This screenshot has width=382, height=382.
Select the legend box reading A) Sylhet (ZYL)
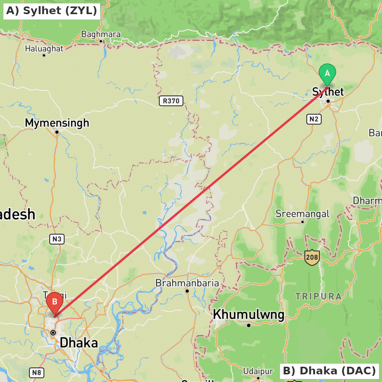(x=52, y=11)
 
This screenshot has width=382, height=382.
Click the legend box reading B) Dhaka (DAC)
(x=329, y=371)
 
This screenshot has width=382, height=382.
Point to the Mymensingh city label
(x=57, y=123)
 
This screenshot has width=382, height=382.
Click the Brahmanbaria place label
(x=187, y=283)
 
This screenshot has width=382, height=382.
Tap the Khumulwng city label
(x=248, y=315)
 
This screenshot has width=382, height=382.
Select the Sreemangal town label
(x=302, y=214)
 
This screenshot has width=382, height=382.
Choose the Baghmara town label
(x=101, y=34)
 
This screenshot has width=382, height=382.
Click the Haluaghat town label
(x=44, y=49)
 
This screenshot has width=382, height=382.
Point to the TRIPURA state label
(x=319, y=296)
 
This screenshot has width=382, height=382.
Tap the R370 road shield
(x=171, y=101)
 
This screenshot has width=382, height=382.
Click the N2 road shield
(x=314, y=119)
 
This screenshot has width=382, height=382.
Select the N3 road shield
(x=57, y=240)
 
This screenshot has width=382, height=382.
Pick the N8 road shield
(x=37, y=372)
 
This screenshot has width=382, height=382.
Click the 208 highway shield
(x=312, y=258)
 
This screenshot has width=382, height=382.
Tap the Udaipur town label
(x=258, y=371)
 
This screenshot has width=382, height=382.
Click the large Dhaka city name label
(x=79, y=343)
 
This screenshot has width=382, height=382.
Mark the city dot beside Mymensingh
(x=57, y=132)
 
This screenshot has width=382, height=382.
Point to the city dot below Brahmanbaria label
(x=187, y=291)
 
